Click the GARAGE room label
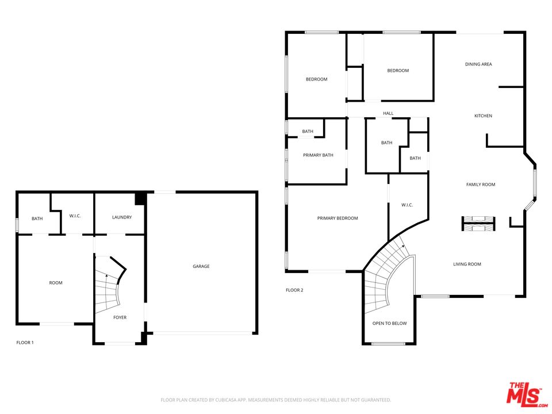click(x=201, y=266)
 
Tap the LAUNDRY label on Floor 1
click(x=122, y=217)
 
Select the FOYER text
click(x=120, y=317)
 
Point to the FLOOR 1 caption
click(x=25, y=343)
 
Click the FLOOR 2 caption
click(x=294, y=290)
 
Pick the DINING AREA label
click(x=478, y=64)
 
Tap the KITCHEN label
click(x=483, y=116)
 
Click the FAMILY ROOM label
click(x=481, y=185)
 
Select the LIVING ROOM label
click(x=467, y=264)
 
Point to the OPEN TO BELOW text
click(x=389, y=323)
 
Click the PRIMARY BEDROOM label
click(x=338, y=218)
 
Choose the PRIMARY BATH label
click(x=318, y=155)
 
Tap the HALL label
click(x=388, y=113)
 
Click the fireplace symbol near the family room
click(x=478, y=224)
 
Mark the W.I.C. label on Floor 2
click(x=407, y=205)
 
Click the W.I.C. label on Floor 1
click(x=75, y=216)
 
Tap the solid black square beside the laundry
click(x=140, y=198)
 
